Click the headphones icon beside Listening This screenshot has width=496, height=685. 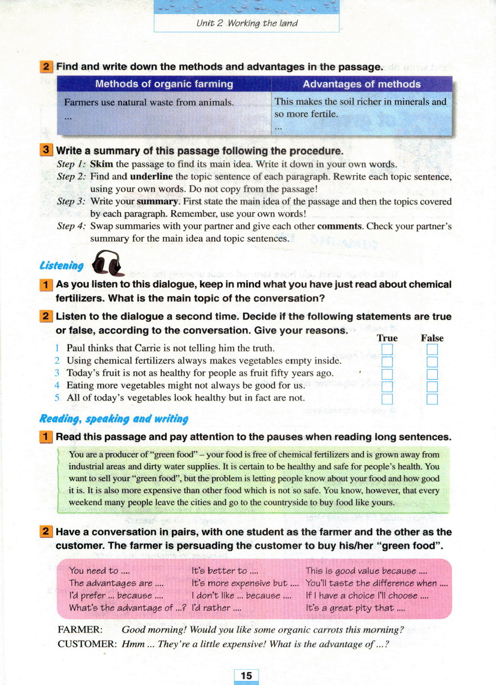pyautogui.click(x=107, y=263)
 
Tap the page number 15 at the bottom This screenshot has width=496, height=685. pyautogui.click(x=246, y=675)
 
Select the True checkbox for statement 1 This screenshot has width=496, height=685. pyautogui.click(x=387, y=349)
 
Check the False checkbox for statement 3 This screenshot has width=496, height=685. pyautogui.click(x=432, y=374)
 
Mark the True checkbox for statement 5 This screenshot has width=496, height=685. pyautogui.click(x=387, y=399)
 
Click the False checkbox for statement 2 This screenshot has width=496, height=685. pyautogui.click(x=432, y=362)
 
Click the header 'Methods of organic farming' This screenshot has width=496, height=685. pyautogui.click(x=164, y=84)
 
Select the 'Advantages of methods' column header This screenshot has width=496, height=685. pyautogui.click(x=361, y=84)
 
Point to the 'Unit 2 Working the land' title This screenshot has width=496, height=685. pyautogui.click(x=247, y=23)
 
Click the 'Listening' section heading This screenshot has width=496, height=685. pyautogui.click(x=62, y=265)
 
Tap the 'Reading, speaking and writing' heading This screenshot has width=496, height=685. pyautogui.click(x=114, y=419)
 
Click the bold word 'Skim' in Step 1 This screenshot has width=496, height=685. pyautogui.click(x=101, y=164)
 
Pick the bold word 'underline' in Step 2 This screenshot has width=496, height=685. pyautogui.click(x=151, y=177)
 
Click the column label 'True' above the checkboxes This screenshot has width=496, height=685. pyautogui.click(x=387, y=338)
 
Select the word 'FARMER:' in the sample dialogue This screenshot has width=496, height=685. pyautogui.click(x=80, y=630)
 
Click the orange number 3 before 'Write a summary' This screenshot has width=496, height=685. pyautogui.click(x=46, y=150)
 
